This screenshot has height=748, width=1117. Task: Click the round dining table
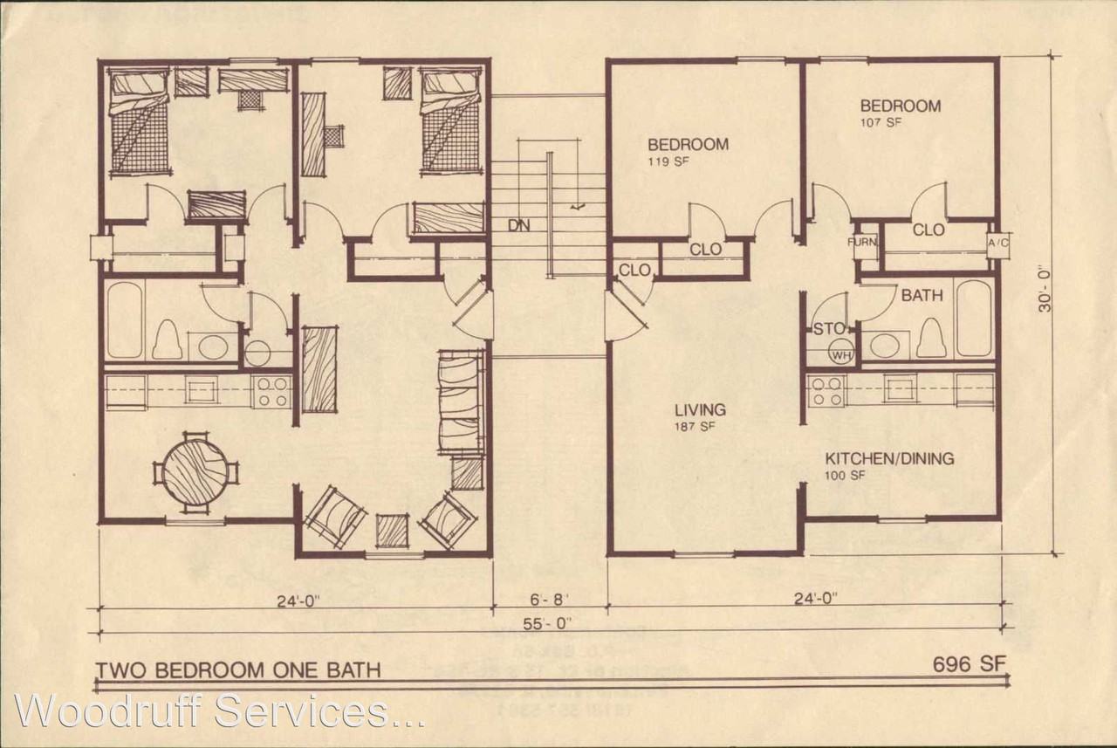point(196,472)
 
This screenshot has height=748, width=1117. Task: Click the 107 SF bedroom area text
point(881,123)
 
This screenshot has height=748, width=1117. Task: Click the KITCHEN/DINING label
point(890,458)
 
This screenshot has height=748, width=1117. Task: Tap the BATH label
point(922,296)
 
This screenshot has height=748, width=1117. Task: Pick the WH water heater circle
point(841,355)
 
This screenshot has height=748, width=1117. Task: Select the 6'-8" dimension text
point(548,600)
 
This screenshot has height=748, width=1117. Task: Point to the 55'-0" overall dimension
point(548,623)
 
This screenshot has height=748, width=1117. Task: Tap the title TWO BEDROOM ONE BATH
point(237,670)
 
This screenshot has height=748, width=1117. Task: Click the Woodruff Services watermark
point(218,711)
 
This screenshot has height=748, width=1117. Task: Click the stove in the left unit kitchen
point(272,391)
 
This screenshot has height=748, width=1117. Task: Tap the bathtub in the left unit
point(125,319)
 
